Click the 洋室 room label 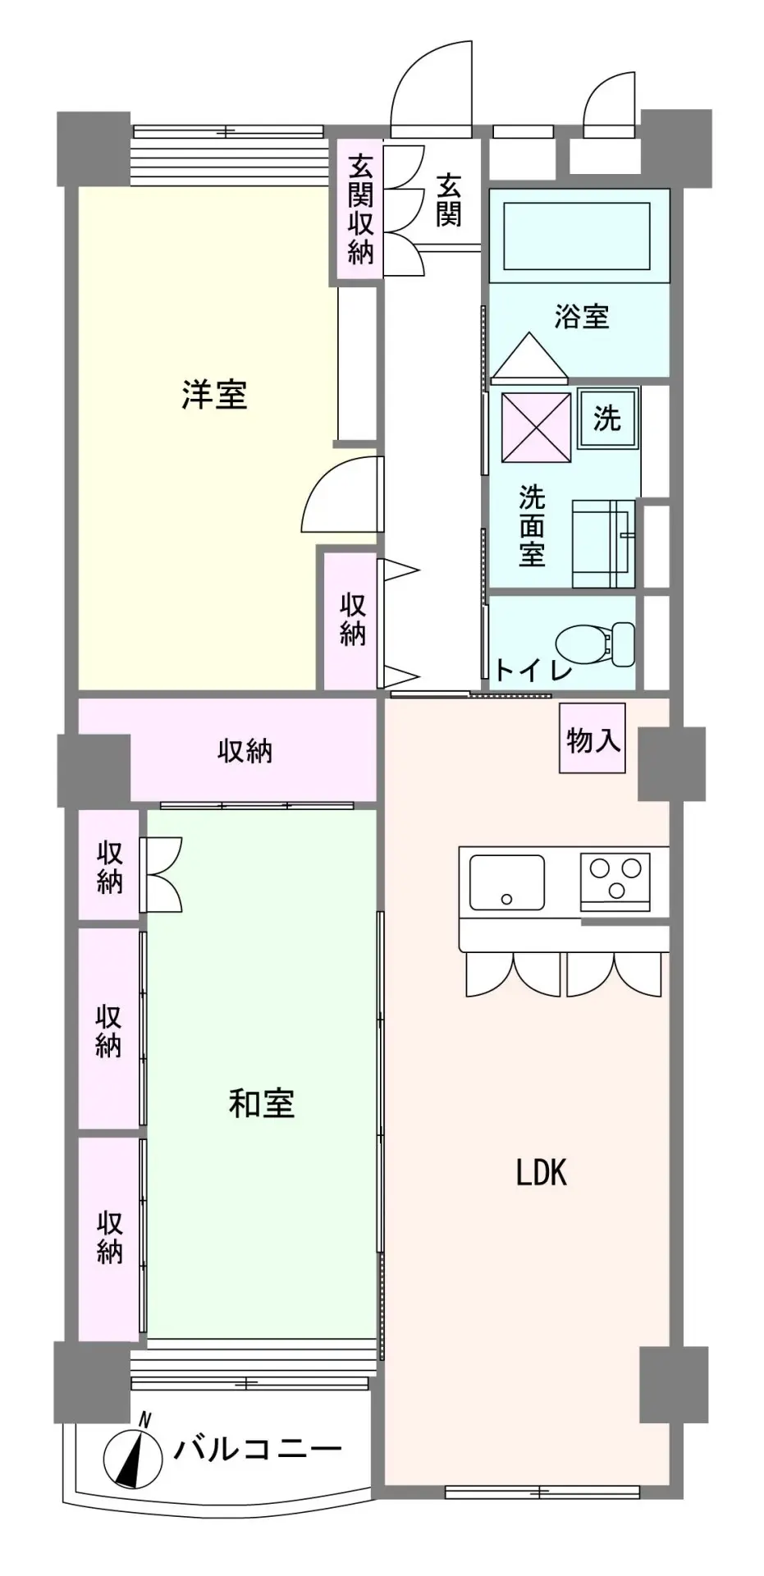point(214,395)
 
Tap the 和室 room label point(262,1103)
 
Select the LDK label point(542,1174)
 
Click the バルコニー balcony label point(257,1449)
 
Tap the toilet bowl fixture point(596,642)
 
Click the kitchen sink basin point(506,882)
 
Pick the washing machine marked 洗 point(607,419)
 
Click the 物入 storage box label point(592,739)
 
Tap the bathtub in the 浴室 point(579,235)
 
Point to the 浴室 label point(581,316)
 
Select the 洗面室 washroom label point(532,525)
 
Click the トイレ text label point(533,670)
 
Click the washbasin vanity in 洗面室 point(604,543)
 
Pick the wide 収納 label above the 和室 point(245,750)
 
